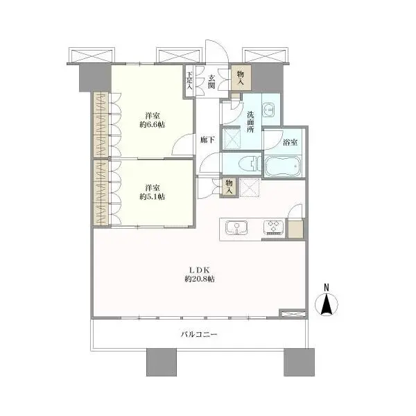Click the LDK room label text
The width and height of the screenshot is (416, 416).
[x=199, y=269]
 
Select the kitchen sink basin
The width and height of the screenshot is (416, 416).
[x=235, y=227]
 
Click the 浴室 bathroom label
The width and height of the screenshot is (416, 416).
[x=291, y=142]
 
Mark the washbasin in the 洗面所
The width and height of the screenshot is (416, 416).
[x=272, y=110]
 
